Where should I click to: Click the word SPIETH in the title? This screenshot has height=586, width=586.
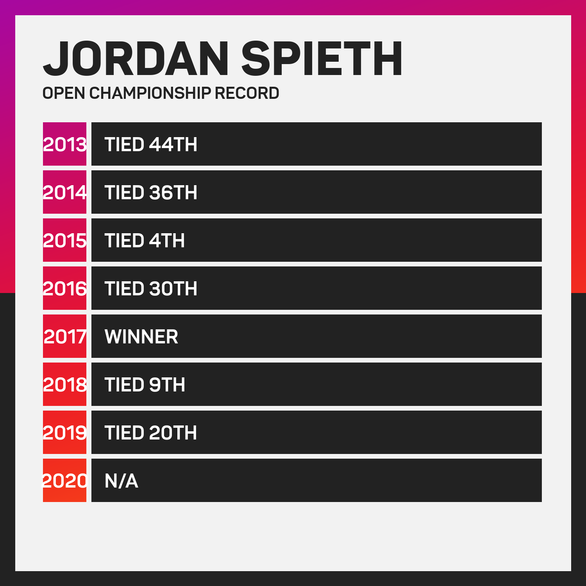click(x=322, y=59)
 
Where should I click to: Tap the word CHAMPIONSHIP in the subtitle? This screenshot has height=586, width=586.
click(x=150, y=93)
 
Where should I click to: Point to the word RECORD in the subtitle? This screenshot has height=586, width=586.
click(x=247, y=93)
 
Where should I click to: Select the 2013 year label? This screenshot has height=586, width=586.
click(x=65, y=145)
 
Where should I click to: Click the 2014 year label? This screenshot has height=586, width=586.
click(x=65, y=193)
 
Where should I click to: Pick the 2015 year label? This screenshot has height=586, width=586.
click(x=65, y=241)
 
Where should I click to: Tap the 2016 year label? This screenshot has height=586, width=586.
click(x=65, y=289)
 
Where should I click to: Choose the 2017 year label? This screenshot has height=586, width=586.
click(x=65, y=337)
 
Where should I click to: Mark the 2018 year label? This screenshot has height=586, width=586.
click(x=65, y=385)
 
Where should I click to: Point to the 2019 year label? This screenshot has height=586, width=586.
click(x=65, y=433)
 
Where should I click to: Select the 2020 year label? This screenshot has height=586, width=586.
click(x=65, y=481)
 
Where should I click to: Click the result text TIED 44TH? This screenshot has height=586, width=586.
click(x=151, y=145)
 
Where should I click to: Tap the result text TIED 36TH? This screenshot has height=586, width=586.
click(x=151, y=193)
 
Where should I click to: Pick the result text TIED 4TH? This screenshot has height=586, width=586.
click(x=145, y=241)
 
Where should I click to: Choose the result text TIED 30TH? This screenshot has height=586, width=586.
click(x=151, y=289)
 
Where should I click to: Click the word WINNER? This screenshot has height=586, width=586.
click(x=141, y=337)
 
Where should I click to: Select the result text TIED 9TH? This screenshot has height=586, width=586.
click(x=145, y=385)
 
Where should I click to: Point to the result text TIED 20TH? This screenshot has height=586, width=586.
click(x=151, y=433)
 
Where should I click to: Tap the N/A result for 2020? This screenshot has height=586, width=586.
click(x=121, y=481)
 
